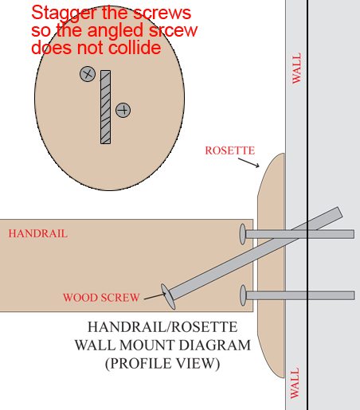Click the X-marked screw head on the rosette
click(88, 74)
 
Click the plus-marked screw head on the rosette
click(123, 110)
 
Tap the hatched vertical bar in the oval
click(105, 107)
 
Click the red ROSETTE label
click(230, 150)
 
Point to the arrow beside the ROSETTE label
click(248, 162)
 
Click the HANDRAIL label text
click(38, 233)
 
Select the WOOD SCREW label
click(101, 298)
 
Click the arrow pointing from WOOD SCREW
click(155, 296)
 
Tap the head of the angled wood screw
click(168, 296)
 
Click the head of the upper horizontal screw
click(242, 234)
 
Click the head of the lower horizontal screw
click(243, 295)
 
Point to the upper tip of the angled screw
click(340, 212)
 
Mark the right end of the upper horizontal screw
click(354, 234)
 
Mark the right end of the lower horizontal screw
click(354, 295)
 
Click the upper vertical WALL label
click(296, 68)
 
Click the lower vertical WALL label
click(295, 383)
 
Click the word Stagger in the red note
click(65, 14)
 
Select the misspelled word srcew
click(173, 30)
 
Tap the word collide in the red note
click(135, 48)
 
